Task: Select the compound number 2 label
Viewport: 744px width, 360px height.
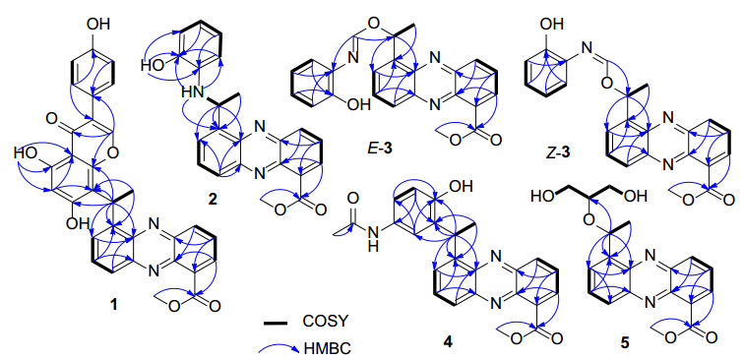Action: click(x=212, y=200)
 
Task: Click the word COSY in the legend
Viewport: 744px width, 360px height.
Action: click(x=325, y=323)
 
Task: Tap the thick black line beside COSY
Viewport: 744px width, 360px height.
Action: click(x=276, y=323)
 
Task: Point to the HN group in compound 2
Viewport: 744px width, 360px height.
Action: click(x=190, y=93)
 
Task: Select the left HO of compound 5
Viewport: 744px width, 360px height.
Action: click(x=543, y=196)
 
